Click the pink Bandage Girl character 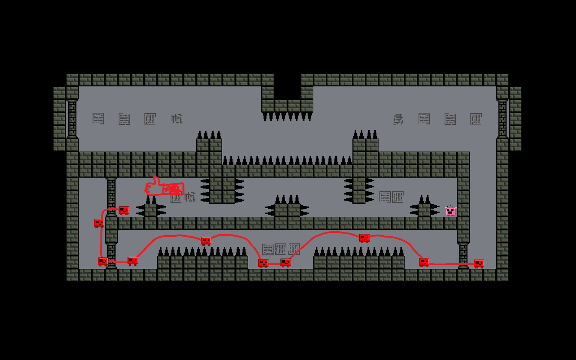click(x=451, y=211)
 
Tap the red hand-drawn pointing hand click(x=165, y=187)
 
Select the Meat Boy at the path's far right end click(x=479, y=263)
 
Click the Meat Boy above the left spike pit click(x=206, y=241)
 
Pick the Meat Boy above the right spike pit click(x=364, y=238)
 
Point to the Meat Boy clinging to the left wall click(x=99, y=223)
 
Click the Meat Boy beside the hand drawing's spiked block click(x=123, y=210)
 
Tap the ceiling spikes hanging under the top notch click(x=287, y=117)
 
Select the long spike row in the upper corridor click(x=287, y=160)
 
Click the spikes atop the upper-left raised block click(x=209, y=135)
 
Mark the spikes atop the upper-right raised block click(x=365, y=135)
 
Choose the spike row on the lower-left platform click(x=202, y=252)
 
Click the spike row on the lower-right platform click(x=359, y=252)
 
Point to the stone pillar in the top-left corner click(x=72, y=119)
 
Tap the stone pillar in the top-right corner click(x=502, y=119)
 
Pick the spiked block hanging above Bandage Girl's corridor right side click(x=359, y=190)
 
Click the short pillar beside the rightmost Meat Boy click(x=463, y=255)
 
